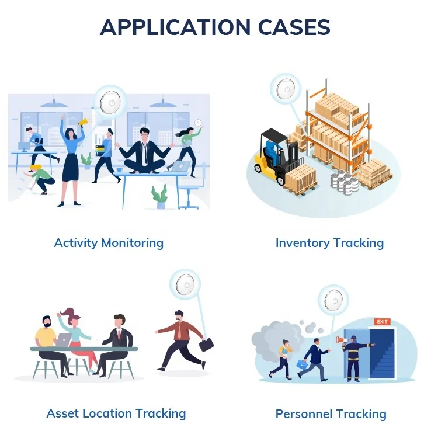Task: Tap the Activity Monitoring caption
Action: pos(109,243)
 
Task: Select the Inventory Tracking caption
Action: pos(329,243)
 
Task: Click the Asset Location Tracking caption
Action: pos(116,413)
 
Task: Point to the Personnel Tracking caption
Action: pos(331,414)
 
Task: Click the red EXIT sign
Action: pos(382,321)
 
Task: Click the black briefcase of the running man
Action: pos(206,345)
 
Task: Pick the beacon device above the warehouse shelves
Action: pos(286,89)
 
